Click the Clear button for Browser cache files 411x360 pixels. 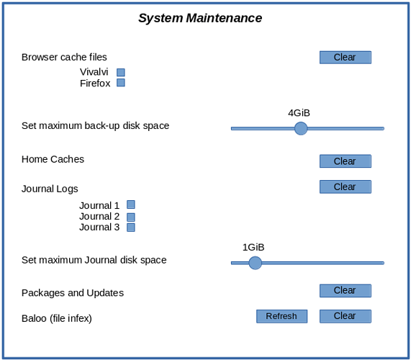pos(345,57)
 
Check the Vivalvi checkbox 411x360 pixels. pos(121,72)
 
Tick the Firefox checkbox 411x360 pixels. pos(121,83)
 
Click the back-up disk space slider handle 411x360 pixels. pos(301,128)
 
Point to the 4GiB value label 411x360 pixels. pos(299,113)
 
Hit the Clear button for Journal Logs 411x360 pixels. pos(345,186)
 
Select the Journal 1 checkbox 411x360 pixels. pos(131,204)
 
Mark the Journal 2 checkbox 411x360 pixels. pos(131,217)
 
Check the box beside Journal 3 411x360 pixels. pos(131,228)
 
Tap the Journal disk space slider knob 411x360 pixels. pos(255,263)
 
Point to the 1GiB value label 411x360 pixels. pos(253,247)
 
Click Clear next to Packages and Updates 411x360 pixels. pos(345,290)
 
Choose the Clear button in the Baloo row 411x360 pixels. pos(345,316)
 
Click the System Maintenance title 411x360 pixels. pos(200,18)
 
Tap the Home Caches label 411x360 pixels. pos(53,159)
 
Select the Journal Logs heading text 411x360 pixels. pos(50,189)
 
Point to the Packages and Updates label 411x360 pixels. pos(73,293)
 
